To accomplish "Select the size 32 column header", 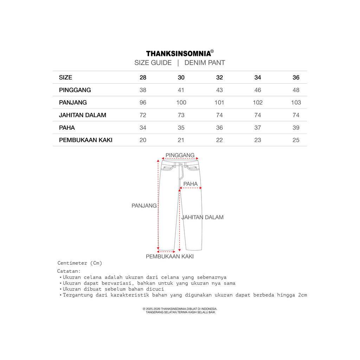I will coord(219,77).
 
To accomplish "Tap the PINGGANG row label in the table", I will coord(75,90).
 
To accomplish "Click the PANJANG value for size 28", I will coord(143,103).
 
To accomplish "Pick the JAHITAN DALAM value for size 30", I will coord(181,115).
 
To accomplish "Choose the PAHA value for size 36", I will coord(296,128).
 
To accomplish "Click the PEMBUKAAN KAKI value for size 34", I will coord(258,140).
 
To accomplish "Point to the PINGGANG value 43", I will coord(219,90).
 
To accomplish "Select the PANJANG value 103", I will coord(296,103).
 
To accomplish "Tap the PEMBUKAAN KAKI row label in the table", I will coord(86,140).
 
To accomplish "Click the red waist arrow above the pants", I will coord(180,159).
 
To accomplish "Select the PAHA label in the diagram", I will coord(191,184).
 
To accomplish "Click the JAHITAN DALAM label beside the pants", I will coord(202,217).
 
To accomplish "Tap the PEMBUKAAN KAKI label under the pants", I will coord(170,257).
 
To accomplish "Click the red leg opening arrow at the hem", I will coord(166,252).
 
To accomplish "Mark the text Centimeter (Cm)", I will coord(80,263).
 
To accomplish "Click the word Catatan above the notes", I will coord(69,271).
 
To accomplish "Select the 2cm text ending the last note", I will coord(302,295).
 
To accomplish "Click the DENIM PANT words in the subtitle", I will coord(205,63).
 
